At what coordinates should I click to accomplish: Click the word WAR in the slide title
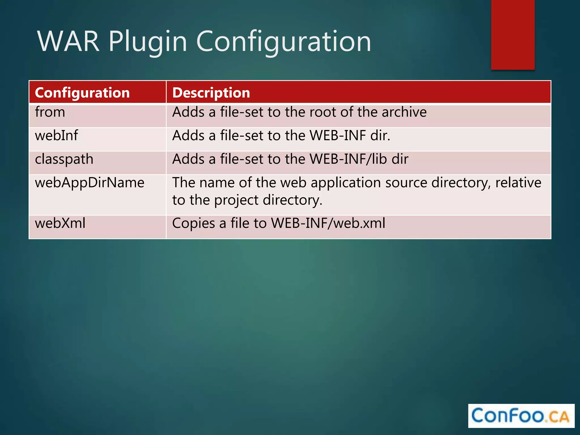69,42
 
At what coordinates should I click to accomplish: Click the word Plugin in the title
148,42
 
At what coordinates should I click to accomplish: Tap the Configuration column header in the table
82,93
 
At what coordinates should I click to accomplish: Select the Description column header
211,93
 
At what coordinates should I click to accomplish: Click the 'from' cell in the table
50,112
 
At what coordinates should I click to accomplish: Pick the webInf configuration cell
56,135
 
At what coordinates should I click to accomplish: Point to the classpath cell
64,159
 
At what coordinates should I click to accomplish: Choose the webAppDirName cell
89,183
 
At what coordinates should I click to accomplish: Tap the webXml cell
60,223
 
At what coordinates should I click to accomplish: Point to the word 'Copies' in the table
193,223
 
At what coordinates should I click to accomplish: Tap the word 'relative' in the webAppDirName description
518,183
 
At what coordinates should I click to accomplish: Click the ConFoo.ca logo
521,416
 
